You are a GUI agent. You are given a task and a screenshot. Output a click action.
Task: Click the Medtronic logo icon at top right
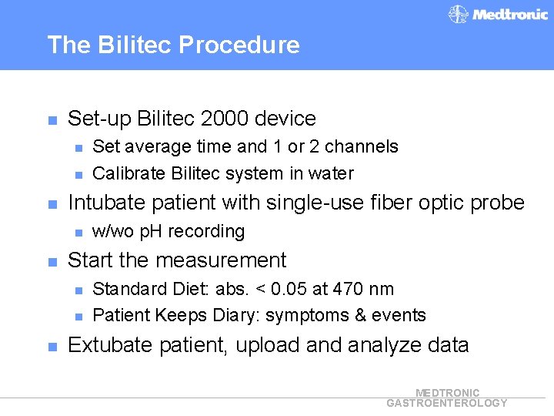pos(459,15)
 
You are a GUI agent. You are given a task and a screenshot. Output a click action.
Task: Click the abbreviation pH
pos(155,231)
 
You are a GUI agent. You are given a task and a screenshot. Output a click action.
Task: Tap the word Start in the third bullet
pos(90,260)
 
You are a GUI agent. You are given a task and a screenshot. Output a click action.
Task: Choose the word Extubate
pos(109,345)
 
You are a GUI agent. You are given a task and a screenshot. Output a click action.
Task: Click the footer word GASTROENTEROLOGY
pos(447,403)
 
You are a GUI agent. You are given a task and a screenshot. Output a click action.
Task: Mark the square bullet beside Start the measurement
pos(52,262)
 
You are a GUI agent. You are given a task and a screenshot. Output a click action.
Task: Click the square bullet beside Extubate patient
pos(52,347)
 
